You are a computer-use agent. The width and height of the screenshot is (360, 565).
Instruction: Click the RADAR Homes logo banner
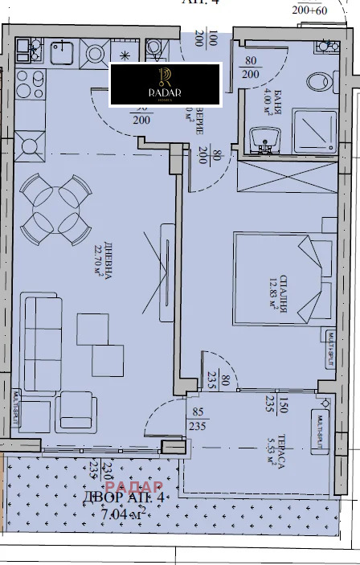(166, 83)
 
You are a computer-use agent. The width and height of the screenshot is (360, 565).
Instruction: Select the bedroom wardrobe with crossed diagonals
(286, 175)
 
